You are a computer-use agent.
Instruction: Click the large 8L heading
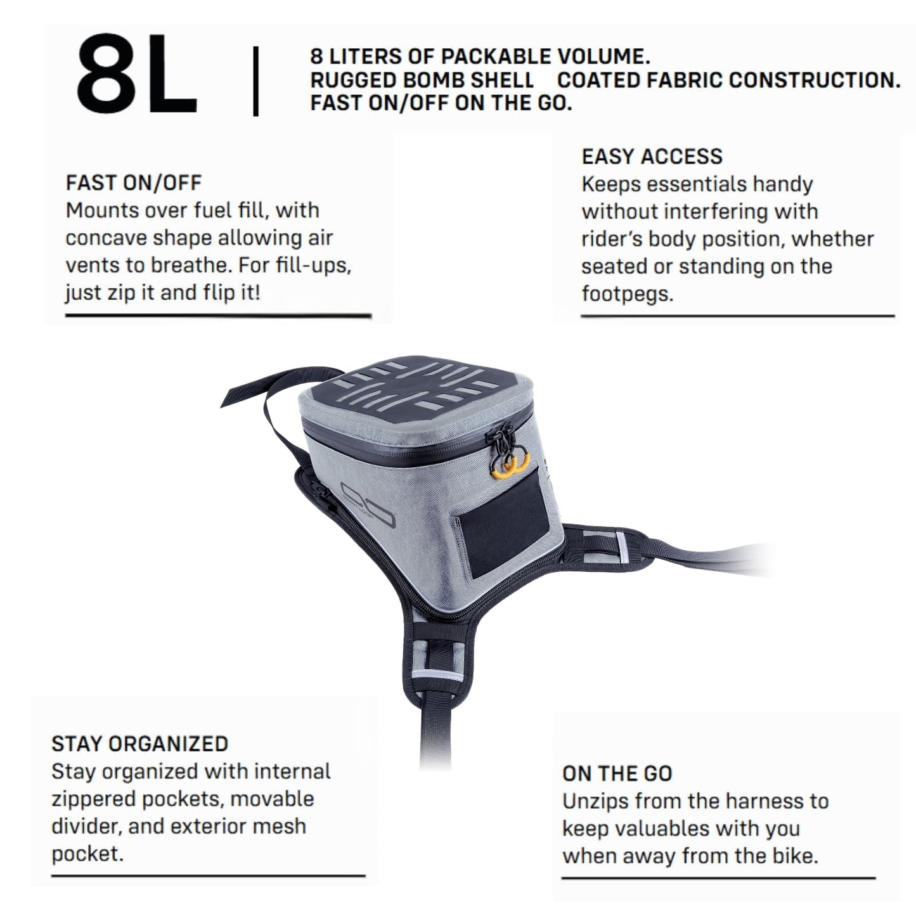(x=136, y=74)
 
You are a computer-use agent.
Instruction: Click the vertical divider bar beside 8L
(x=255, y=81)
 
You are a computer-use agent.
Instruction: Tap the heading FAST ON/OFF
(x=134, y=183)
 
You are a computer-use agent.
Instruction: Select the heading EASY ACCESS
(x=652, y=157)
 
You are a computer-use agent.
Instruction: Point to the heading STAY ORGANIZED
(x=139, y=744)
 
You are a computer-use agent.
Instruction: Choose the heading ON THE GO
(x=617, y=773)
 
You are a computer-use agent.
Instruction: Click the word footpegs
(x=628, y=294)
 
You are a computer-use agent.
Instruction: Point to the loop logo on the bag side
(x=368, y=505)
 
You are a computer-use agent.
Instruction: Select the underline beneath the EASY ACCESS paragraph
(x=738, y=316)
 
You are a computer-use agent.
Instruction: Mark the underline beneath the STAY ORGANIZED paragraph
(x=208, y=875)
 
